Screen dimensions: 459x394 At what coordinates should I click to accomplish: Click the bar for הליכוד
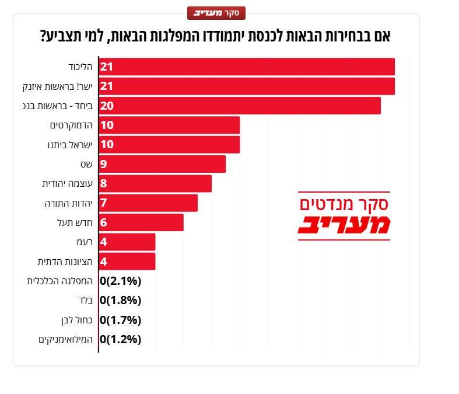tap(247, 67)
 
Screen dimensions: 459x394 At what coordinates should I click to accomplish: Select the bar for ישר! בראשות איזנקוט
tap(247, 86)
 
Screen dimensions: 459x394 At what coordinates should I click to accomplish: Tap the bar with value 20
tap(240, 106)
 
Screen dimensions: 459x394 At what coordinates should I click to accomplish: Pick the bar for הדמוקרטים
tap(169, 125)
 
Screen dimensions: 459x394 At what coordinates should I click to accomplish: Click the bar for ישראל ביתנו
tap(169, 144)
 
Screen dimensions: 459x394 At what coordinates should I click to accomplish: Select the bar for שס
tap(162, 164)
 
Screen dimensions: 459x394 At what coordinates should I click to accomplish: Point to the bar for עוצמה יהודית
tap(155, 183)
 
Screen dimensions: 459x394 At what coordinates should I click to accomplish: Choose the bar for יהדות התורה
tap(148, 203)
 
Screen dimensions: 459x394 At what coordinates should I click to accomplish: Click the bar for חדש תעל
tap(141, 222)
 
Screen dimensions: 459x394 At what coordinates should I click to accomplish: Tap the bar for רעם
tap(127, 242)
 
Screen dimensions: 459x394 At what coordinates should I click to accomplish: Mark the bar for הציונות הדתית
tap(127, 261)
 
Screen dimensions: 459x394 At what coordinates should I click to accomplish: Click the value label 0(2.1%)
tap(120, 281)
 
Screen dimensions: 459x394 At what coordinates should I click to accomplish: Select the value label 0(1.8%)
tap(120, 300)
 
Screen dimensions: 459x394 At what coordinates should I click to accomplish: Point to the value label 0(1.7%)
tap(120, 320)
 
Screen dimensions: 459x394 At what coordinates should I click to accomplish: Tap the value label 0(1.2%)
tap(120, 339)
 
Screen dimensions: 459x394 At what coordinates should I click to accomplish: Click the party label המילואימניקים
tap(65, 340)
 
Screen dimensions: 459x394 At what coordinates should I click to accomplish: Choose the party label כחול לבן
tap(77, 320)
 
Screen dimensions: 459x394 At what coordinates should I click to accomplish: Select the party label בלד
tap(86, 300)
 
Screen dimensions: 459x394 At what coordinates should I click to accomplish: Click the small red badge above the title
tap(216, 13)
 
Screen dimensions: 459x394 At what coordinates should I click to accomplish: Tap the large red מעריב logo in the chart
tap(344, 225)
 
